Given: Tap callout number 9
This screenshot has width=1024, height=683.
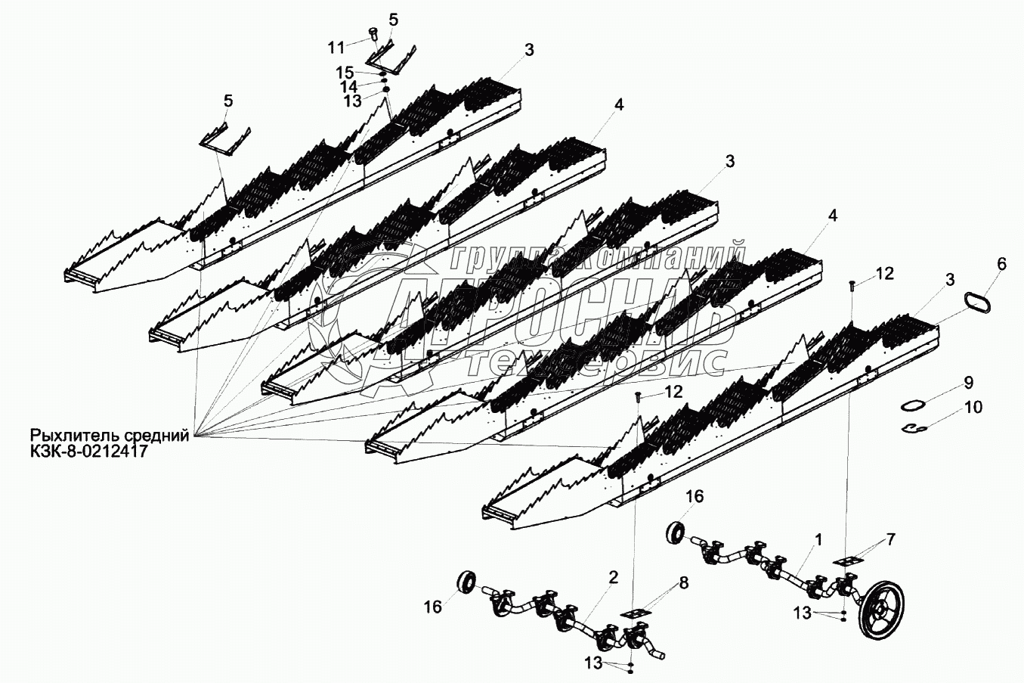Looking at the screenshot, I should coord(968,382).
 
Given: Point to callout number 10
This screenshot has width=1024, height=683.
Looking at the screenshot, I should coord(973,408).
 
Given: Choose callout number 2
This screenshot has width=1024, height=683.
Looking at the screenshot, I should coord(613,577).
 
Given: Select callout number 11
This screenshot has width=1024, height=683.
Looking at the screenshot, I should coord(336,48).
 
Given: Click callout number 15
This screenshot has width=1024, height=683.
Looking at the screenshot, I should coord(345,73).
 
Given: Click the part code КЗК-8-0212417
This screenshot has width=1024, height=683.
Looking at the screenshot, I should coord(88,452).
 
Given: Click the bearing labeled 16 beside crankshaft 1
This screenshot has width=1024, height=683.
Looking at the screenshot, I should coord(676,531).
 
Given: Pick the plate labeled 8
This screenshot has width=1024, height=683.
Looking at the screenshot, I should coord(635,613).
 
